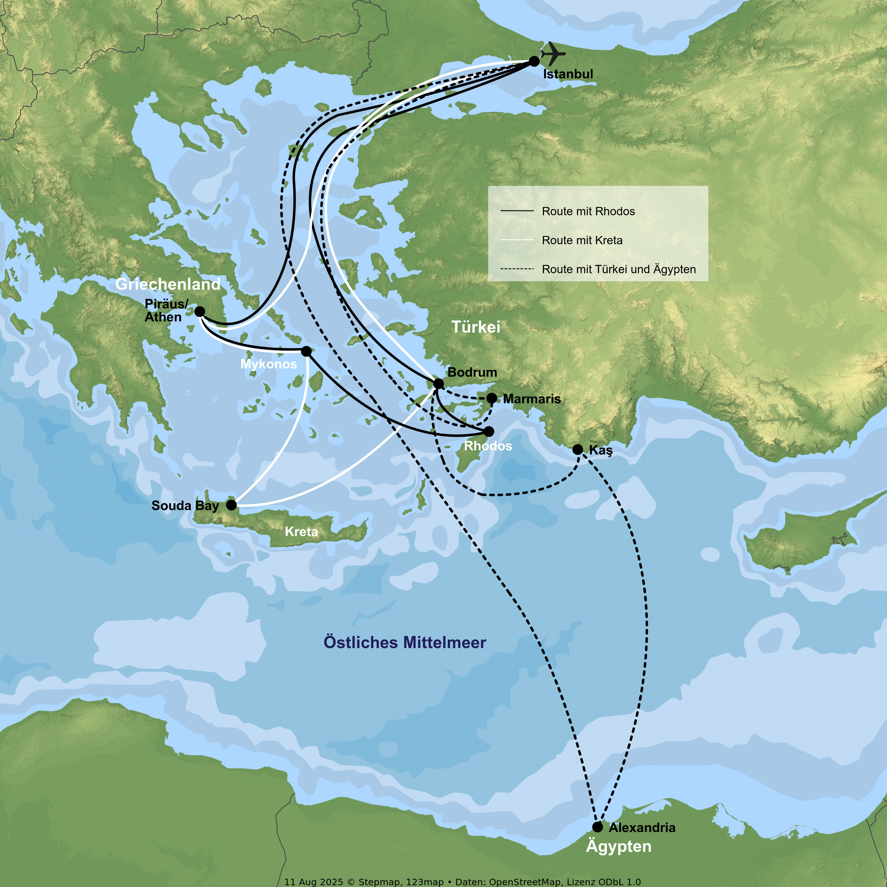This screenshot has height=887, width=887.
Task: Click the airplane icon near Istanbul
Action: [x=553, y=54]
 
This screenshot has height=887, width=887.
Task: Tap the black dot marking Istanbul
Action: [x=534, y=61]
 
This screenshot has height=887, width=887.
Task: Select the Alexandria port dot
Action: [x=597, y=827]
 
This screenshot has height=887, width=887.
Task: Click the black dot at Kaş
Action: [x=577, y=449]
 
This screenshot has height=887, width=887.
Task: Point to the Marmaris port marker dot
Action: [x=492, y=398]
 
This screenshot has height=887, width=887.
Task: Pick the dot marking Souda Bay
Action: [x=232, y=505]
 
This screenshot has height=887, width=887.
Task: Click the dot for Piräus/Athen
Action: [x=200, y=312]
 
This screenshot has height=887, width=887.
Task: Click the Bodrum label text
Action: [x=472, y=372]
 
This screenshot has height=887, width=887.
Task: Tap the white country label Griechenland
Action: [x=168, y=284]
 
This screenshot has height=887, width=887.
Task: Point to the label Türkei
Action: [x=476, y=327]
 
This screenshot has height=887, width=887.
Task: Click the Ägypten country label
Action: [x=619, y=846]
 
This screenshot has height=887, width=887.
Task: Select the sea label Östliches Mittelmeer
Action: [x=404, y=642]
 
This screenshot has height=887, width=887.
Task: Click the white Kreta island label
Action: [x=301, y=532]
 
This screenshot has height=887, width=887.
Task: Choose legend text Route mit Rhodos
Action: [x=588, y=211]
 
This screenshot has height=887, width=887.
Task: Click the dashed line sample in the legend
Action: [x=517, y=269]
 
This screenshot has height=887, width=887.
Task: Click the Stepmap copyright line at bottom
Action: [x=462, y=881]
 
